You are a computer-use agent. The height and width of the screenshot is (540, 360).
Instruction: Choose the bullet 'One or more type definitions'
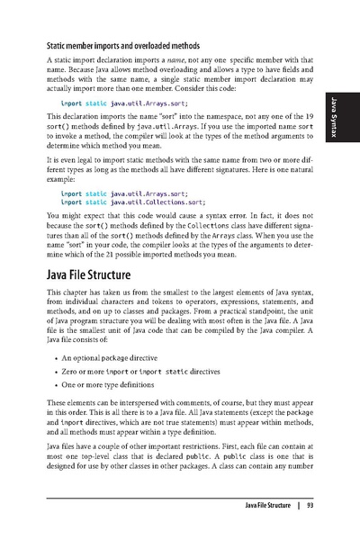pyautogui.click(x=112, y=399)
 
